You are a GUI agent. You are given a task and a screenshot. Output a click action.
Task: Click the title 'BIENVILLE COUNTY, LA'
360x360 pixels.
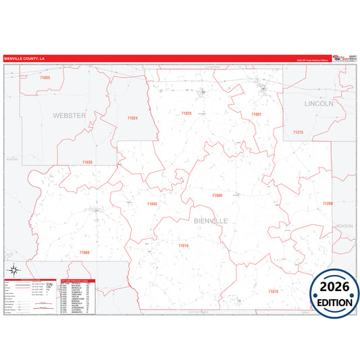pyautogui.click(x=25, y=59)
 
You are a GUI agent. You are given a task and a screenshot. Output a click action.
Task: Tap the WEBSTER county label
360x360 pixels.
pyautogui.click(x=70, y=115)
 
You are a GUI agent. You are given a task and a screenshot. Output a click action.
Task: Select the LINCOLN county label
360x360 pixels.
pyautogui.click(x=319, y=104)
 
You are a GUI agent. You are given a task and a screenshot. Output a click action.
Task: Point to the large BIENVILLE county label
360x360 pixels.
pyautogui.click(x=211, y=221)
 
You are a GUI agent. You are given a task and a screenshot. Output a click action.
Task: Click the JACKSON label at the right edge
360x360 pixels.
pyautogui.click(x=344, y=226)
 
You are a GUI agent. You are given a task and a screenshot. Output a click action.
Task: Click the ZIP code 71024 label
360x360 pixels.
pyautogui.click(x=132, y=118)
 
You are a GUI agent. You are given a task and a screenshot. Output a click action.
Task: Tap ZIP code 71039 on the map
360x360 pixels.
pyautogui.click(x=87, y=162)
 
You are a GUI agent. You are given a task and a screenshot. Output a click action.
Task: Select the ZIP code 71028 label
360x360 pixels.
pyautogui.click(x=186, y=113)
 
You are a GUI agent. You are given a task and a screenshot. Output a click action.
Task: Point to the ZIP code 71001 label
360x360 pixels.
pyautogui.click(x=256, y=115)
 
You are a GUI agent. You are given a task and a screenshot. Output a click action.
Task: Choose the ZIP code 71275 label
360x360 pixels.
pyautogui.click(x=298, y=132)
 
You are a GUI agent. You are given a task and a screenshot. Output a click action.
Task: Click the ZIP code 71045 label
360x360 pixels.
pyautogui.click(x=152, y=203)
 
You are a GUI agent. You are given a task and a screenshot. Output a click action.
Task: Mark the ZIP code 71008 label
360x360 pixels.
pyautogui.click(x=217, y=195)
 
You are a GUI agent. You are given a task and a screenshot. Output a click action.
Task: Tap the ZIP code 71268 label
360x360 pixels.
pyautogui.click(x=328, y=203)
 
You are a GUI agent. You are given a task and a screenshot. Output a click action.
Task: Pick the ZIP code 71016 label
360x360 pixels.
pyautogui.click(x=184, y=246)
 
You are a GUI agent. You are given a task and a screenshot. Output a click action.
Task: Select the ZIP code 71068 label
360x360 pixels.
pyautogui.click(x=84, y=253)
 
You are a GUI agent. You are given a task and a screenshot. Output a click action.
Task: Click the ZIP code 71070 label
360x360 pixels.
pyautogui.click(x=273, y=291)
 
